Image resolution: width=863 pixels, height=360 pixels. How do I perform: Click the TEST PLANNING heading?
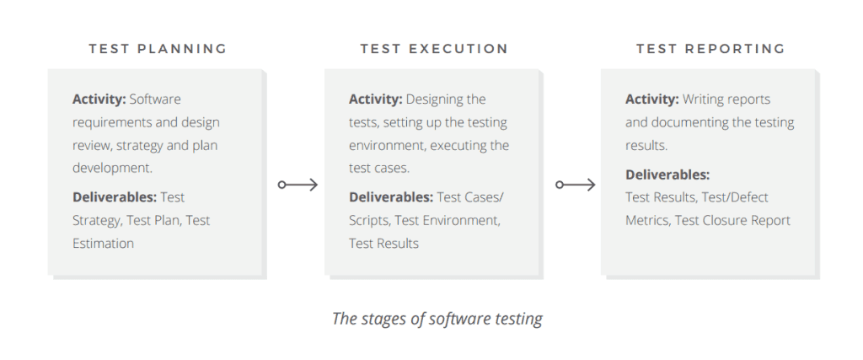(158, 49)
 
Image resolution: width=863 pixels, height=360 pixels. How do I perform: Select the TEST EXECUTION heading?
(434, 49)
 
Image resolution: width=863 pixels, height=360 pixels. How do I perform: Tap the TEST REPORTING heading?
(710, 49)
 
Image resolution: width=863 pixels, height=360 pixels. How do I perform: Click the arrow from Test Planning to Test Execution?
(297, 185)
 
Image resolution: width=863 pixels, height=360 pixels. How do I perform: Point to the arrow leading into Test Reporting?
(575, 185)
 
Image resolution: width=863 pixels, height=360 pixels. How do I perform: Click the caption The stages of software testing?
(437, 319)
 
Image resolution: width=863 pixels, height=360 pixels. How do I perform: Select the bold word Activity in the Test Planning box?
(99, 99)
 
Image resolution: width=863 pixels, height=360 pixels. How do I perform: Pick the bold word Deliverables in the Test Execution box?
(391, 197)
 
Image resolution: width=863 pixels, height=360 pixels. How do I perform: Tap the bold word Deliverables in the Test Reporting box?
(667, 175)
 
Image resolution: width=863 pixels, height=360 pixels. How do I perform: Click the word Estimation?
(103, 244)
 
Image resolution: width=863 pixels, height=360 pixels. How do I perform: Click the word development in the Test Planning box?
(112, 169)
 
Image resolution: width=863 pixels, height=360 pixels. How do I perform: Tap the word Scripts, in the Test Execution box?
(370, 221)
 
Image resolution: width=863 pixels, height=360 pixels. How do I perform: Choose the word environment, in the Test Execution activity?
(388, 146)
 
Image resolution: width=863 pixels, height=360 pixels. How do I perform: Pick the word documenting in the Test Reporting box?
(689, 122)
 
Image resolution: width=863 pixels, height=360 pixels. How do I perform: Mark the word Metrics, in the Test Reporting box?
(648, 221)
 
